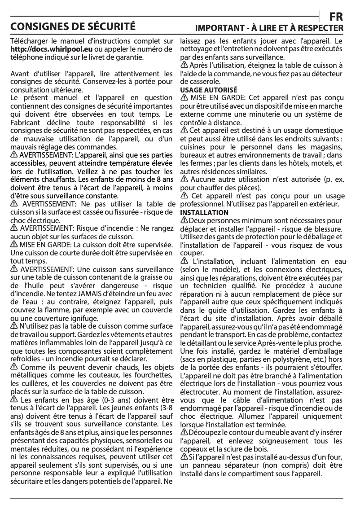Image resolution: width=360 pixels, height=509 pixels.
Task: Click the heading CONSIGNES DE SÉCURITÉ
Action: [73, 25]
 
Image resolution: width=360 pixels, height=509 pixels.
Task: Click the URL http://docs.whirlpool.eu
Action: [52, 49]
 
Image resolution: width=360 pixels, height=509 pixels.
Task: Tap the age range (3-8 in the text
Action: [164, 408]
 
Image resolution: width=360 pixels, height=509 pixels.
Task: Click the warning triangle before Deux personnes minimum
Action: [184, 220]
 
